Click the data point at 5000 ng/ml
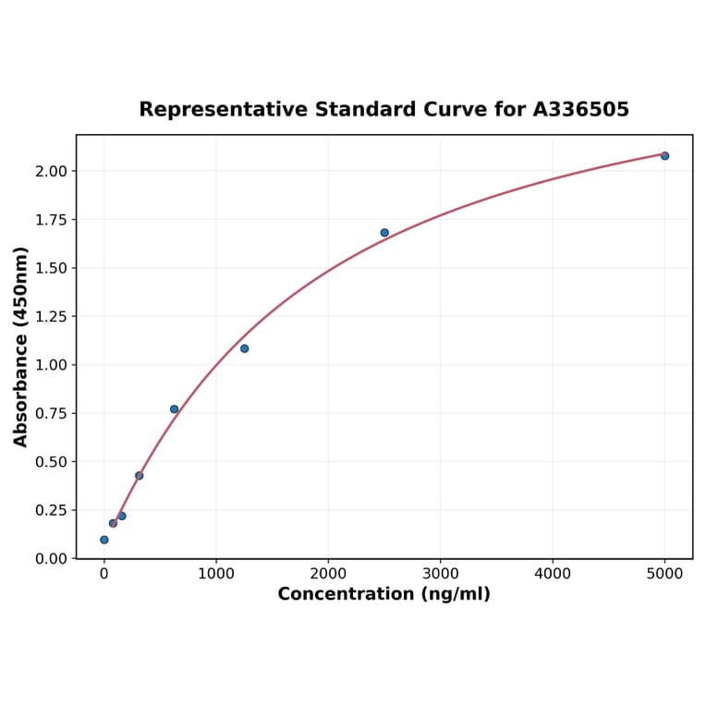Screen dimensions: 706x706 click(664, 156)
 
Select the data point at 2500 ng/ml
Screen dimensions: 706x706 click(384, 233)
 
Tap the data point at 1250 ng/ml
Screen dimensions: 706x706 click(244, 348)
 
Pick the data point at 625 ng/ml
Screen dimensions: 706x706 click(174, 409)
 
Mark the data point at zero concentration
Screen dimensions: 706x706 click(103, 540)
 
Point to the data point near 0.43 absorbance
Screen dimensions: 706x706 click(139, 476)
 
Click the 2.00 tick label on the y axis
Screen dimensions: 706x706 click(52, 171)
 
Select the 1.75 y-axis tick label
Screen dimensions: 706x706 click(52, 220)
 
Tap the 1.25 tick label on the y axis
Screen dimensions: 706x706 click(52, 317)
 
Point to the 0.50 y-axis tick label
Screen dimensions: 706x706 click(52, 462)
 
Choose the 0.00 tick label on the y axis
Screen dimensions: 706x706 click(52, 559)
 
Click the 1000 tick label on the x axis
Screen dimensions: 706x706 click(216, 573)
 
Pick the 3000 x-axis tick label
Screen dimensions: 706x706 click(441, 573)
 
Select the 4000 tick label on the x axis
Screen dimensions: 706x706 click(553, 573)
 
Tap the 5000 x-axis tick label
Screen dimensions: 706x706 click(664, 573)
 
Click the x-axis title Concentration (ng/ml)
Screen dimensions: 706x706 click(383, 594)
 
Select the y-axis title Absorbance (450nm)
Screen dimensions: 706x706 click(21, 347)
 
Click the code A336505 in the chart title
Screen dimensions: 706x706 click(580, 110)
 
